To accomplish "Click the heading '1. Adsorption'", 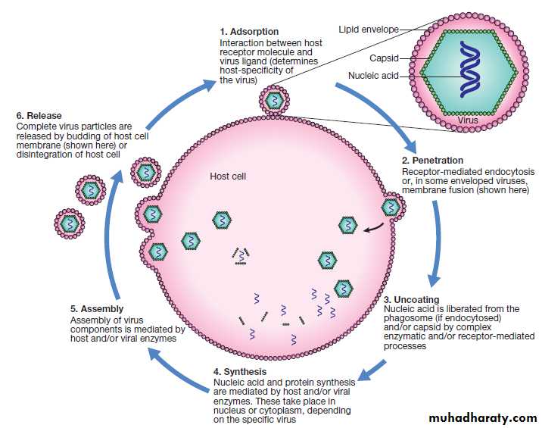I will [x=248, y=32].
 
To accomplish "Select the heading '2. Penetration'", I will [x=432, y=161].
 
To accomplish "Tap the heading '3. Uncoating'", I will [x=412, y=300].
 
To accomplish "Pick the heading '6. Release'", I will [x=42, y=116].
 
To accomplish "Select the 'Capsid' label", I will [x=384, y=58].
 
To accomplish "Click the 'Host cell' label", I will [x=228, y=177].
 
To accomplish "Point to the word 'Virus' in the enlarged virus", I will [x=469, y=120].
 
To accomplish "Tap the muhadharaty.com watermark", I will [x=482, y=418].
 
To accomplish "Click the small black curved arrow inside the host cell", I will [x=373, y=224].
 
